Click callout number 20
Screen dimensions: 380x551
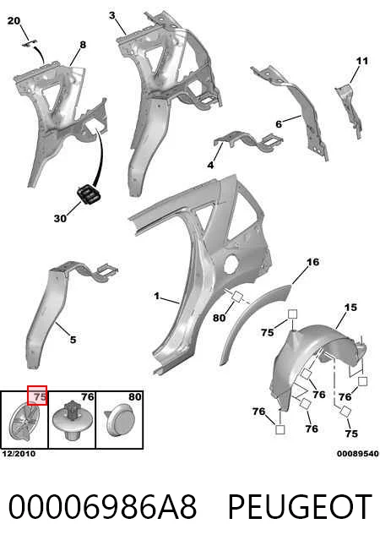click(14, 21)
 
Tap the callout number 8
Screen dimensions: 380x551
click(83, 45)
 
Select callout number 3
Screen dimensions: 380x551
click(112, 15)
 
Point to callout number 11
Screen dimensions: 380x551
click(362, 61)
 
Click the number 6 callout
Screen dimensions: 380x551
click(279, 124)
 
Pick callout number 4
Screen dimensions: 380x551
click(210, 165)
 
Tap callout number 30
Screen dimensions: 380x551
click(60, 218)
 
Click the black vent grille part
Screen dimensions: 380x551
click(88, 194)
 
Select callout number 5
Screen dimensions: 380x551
click(73, 340)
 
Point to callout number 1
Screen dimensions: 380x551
click(156, 297)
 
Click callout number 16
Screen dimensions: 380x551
click(313, 262)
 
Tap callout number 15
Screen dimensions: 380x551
click(350, 307)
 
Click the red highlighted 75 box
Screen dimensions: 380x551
click(37, 396)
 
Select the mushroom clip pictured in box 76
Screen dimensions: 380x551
click(73, 419)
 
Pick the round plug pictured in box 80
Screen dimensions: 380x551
click(119, 420)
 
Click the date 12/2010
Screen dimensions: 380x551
click(19, 454)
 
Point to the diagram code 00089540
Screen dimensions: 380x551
click(358, 454)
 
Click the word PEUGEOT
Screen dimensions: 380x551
click(300, 507)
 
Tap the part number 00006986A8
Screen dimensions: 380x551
click(102, 507)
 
